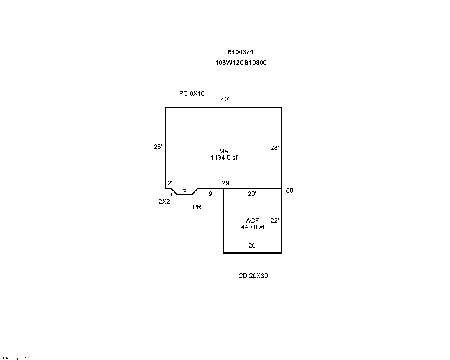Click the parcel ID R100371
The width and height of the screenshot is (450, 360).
[240, 52]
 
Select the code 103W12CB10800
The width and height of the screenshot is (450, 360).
[241, 63]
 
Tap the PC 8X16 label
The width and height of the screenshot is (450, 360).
[192, 93]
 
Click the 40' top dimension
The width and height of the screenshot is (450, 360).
[225, 99]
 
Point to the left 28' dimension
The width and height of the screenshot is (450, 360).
[158, 147]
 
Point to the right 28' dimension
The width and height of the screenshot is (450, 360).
[274, 148]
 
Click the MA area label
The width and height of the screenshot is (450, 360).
[223, 151]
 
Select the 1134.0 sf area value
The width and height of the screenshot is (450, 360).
[224, 158]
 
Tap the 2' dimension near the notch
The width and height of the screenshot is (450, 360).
[170, 183]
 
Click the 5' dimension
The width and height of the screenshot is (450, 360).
[185, 190]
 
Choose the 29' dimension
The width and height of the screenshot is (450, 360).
[226, 183]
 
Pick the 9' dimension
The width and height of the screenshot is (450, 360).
[211, 194]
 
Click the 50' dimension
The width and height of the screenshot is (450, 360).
[290, 190]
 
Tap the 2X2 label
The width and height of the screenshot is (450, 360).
[164, 201]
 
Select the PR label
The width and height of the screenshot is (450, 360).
[197, 207]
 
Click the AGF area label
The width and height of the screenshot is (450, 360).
[252, 221]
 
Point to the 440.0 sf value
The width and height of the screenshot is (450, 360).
[253, 227]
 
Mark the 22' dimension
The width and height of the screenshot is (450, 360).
[274, 221]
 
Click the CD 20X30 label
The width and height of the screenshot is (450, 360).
[253, 276]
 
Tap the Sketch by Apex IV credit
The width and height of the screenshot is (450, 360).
[15, 358]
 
